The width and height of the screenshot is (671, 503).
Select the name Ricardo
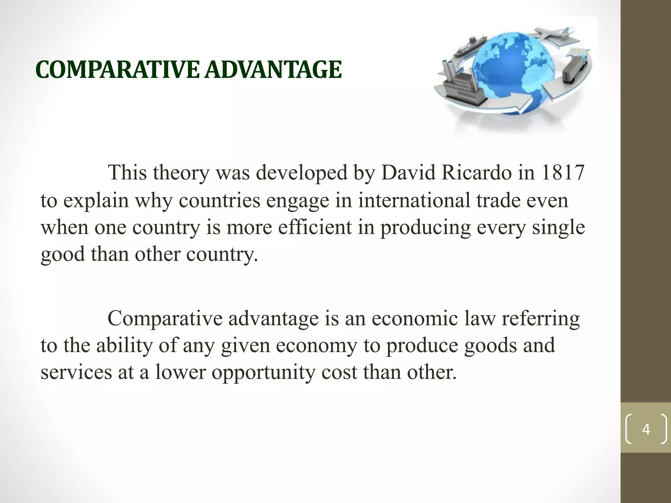[476, 173]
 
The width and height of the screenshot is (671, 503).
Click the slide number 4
[646, 429]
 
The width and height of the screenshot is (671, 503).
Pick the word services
[76, 372]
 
